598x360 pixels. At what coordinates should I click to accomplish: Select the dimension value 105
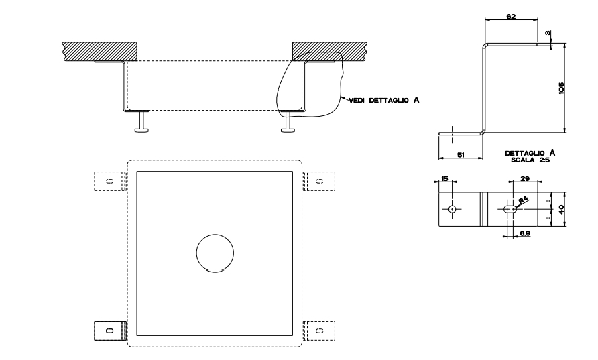tap(561, 87)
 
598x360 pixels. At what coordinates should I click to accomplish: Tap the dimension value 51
tap(461, 155)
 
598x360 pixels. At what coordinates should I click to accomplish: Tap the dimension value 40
tap(561, 208)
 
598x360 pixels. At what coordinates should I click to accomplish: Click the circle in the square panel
tap(215, 253)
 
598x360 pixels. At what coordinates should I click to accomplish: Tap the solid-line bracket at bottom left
tap(110, 330)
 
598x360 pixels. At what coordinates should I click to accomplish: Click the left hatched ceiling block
tap(100, 50)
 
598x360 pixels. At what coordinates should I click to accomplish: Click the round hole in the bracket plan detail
tap(453, 209)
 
